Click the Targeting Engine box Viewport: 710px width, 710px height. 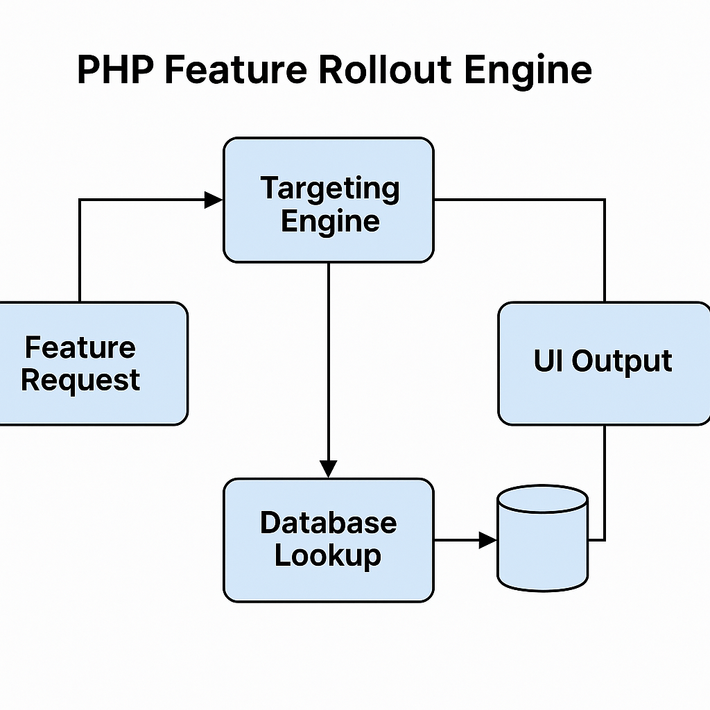(x=328, y=200)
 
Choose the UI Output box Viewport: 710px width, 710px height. (x=603, y=363)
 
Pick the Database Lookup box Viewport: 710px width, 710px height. (x=328, y=540)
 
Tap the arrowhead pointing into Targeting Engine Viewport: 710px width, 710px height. (x=214, y=200)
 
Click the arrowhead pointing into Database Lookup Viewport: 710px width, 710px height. (x=328, y=469)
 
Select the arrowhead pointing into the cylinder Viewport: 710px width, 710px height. (x=488, y=540)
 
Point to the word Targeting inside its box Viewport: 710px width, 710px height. (x=329, y=188)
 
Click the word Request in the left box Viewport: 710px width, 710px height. (x=80, y=380)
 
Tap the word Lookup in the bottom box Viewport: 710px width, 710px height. (x=328, y=556)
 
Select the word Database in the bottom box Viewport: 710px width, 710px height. (x=328, y=523)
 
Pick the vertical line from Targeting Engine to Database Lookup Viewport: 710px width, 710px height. (x=328, y=361)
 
